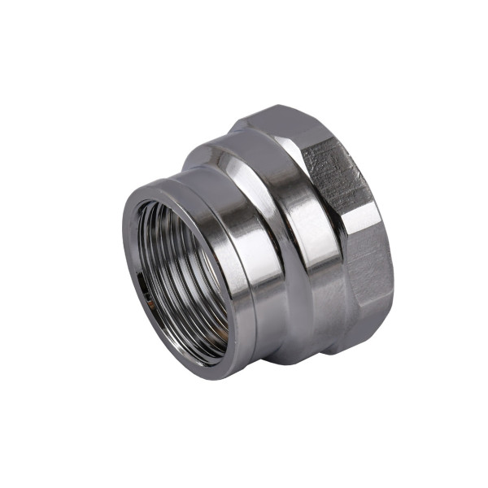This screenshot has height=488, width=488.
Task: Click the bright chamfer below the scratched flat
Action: pos(358,216)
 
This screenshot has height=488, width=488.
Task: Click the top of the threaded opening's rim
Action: pos(163,189)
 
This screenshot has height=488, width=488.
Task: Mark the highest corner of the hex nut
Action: pos(277,106)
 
